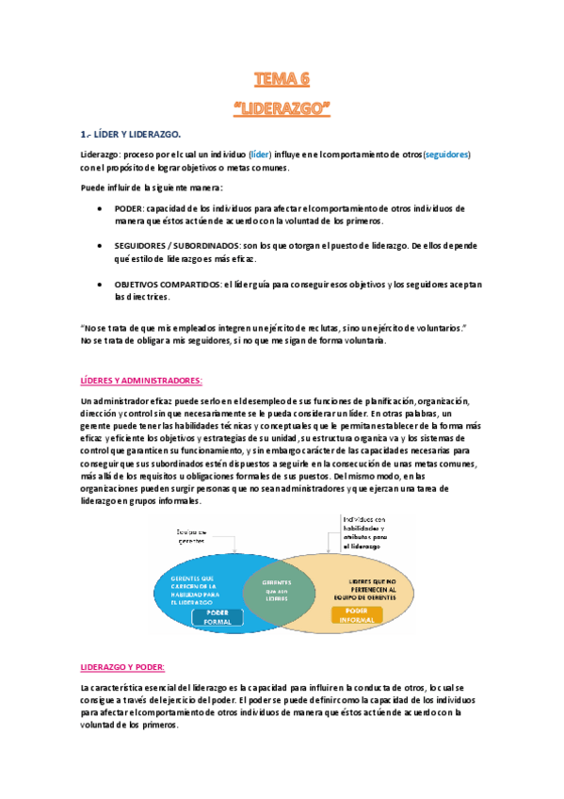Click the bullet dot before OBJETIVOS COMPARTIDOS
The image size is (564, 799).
(100, 284)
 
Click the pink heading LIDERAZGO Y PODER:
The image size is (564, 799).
(122, 667)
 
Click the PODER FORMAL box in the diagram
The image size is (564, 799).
(218, 617)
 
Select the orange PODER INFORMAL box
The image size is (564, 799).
(356, 615)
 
